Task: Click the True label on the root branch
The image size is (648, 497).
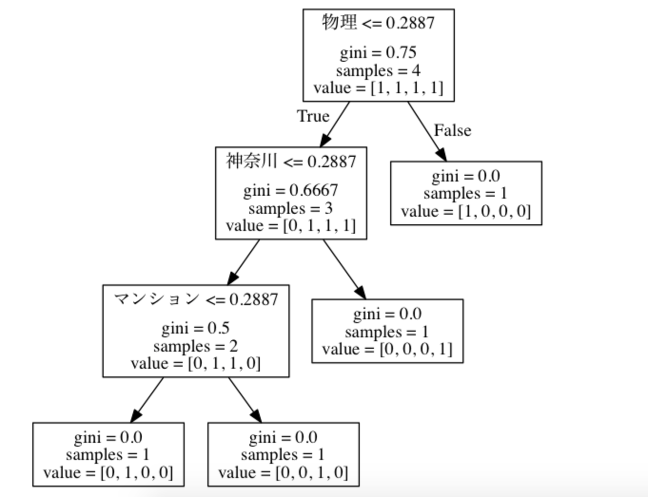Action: (313, 116)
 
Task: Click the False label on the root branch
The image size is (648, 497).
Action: (452, 130)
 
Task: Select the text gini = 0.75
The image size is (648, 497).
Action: (378, 52)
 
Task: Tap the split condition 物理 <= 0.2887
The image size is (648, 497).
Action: (378, 22)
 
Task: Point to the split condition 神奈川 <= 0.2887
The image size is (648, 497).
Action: (291, 162)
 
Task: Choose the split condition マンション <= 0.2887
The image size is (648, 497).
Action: (196, 299)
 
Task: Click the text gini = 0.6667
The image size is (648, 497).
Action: (291, 191)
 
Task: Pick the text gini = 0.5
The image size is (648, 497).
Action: (196, 328)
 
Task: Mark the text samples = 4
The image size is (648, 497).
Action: (378, 70)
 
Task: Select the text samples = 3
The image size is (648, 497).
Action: (291, 208)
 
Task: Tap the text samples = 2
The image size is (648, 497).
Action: (196, 346)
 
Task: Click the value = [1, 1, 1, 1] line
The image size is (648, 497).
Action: (378, 88)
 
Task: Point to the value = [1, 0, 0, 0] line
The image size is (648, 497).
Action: (466, 211)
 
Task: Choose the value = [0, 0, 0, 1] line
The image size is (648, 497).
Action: (387, 349)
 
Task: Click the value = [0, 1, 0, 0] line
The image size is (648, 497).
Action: (108, 473)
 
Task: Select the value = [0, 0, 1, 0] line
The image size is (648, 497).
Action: (283, 473)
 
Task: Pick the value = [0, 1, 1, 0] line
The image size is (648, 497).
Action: (196, 363)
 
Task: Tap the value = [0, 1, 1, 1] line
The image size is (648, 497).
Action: (291, 226)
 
